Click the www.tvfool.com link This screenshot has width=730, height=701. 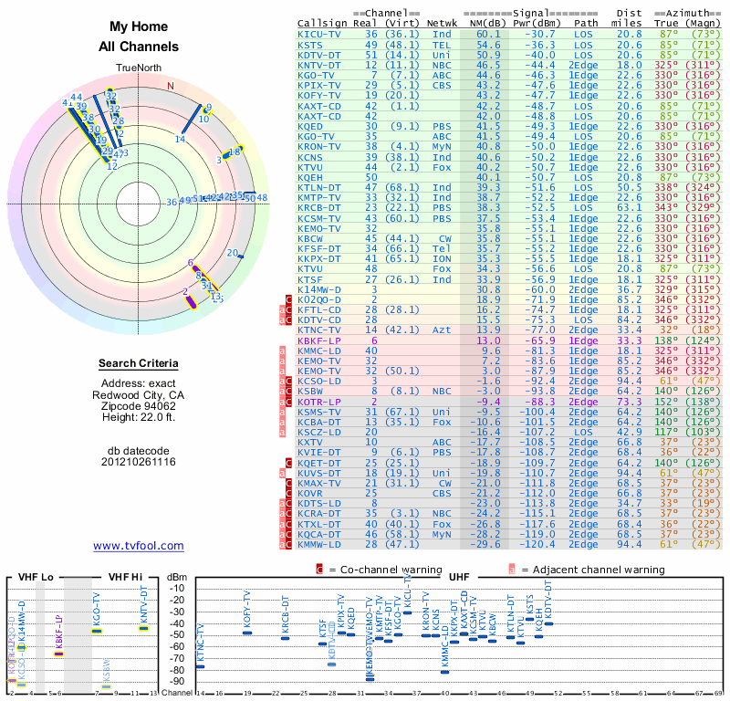(x=138, y=546)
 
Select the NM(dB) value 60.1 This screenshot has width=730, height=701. (x=488, y=34)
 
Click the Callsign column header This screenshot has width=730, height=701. (x=323, y=23)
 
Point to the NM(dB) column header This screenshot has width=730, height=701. (x=488, y=23)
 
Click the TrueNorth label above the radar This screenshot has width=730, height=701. (x=138, y=68)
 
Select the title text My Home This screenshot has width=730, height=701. (x=139, y=27)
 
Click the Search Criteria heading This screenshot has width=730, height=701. (x=138, y=364)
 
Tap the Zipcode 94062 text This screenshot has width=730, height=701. (x=138, y=405)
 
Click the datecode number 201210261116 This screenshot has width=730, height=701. (x=138, y=462)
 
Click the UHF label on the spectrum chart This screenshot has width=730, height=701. (x=460, y=577)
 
